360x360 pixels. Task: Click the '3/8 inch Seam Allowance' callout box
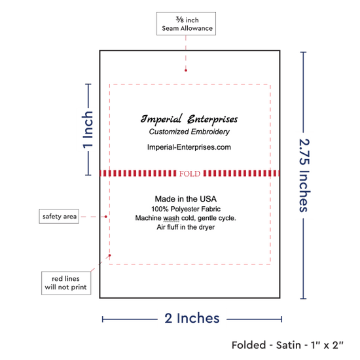(186, 24)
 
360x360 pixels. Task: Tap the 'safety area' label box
(59, 216)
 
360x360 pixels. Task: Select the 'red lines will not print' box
(66, 283)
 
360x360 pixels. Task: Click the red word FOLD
(190, 173)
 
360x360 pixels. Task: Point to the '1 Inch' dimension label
(88, 130)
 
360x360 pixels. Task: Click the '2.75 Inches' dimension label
(304, 175)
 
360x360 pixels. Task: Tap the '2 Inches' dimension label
(192, 318)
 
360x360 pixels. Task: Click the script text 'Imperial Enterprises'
(189, 119)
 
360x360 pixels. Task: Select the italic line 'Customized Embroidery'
(189, 132)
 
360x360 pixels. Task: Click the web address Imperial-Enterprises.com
(189, 147)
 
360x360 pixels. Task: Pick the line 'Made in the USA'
(185, 199)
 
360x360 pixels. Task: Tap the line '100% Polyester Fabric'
(186, 209)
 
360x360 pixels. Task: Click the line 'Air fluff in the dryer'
(185, 227)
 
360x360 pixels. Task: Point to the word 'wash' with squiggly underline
(171, 218)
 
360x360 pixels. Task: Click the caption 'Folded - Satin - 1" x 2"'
(287, 345)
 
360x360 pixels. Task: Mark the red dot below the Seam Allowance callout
(186, 71)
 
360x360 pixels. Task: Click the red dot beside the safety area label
(106, 217)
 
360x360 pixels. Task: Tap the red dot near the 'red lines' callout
(110, 255)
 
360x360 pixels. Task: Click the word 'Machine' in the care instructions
(148, 218)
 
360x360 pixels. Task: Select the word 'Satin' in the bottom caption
(288, 345)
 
